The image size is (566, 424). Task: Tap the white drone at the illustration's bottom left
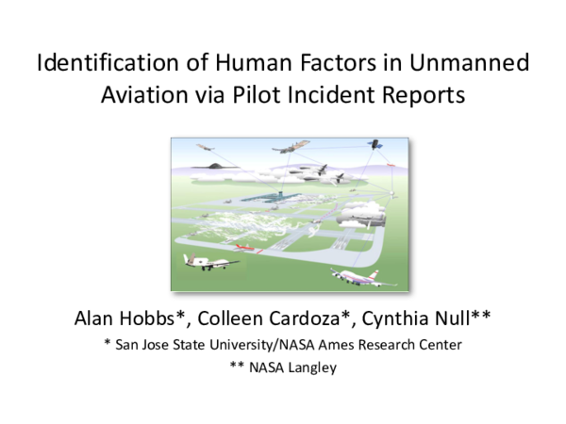pyautogui.click(x=197, y=261)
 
